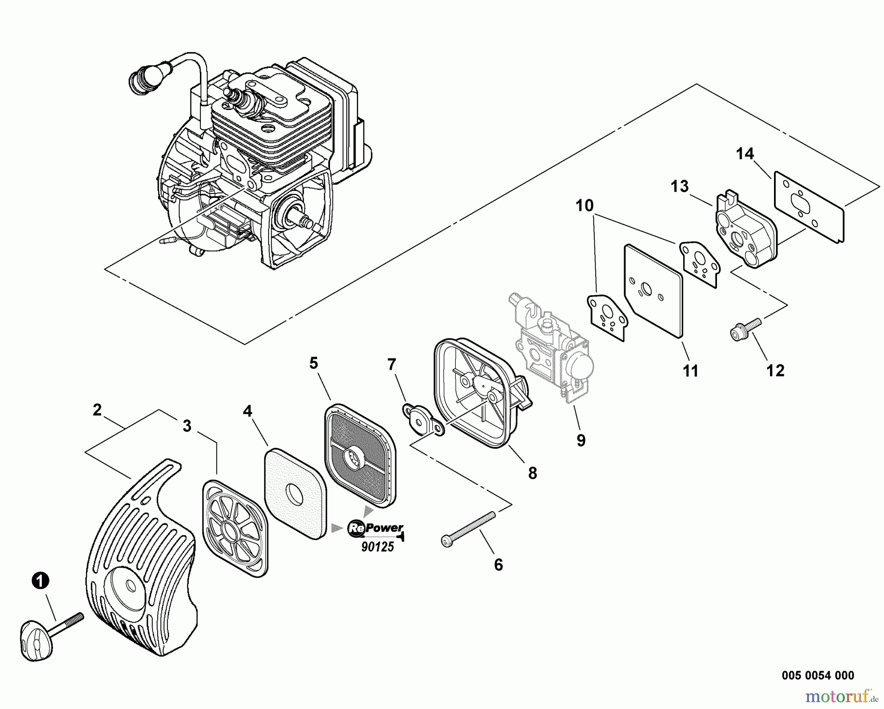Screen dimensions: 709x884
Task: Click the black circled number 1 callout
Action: pos(40,581)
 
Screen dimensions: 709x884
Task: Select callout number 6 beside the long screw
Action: pos(498,565)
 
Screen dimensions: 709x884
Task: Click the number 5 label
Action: pos(313,363)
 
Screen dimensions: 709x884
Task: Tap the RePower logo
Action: pos(376,528)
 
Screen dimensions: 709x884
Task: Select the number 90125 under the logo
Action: pos(378,546)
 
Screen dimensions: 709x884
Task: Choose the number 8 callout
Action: pos(532,473)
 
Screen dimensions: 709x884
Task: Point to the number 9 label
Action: pos(581,440)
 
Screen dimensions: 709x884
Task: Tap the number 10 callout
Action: pos(584,205)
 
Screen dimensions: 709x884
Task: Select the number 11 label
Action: pos(691,371)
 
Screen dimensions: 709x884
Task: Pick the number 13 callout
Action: pos(680,187)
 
